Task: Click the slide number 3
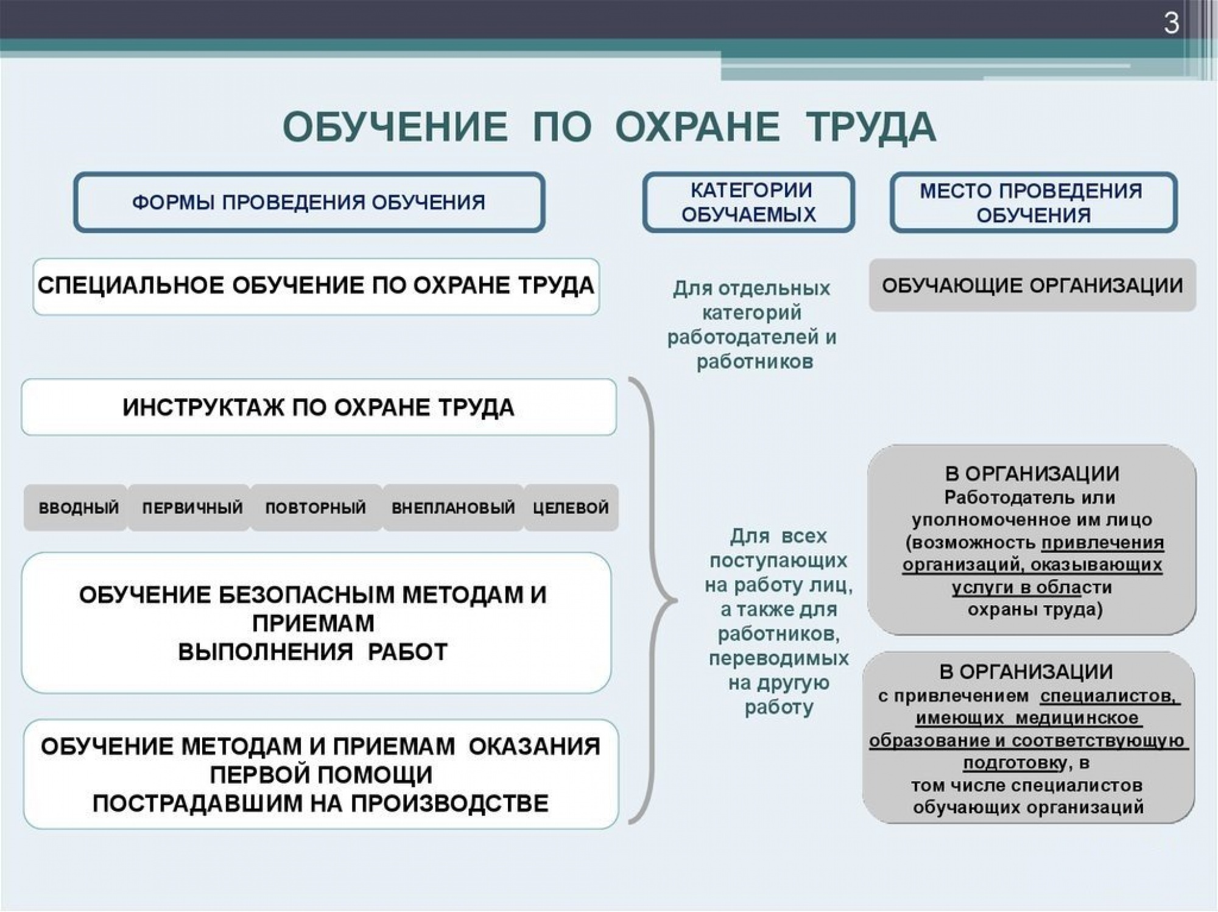click(x=1171, y=23)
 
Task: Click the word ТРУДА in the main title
click(x=871, y=127)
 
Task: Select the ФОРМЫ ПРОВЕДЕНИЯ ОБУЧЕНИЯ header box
click(x=309, y=202)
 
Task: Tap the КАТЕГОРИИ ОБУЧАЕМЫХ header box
click(x=748, y=202)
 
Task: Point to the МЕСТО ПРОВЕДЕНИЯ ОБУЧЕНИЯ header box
click(x=1033, y=202)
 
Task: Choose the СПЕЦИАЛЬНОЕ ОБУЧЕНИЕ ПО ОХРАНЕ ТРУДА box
click(x=316, y=286)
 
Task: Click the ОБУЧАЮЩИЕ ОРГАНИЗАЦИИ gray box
click(x=1032, y=285)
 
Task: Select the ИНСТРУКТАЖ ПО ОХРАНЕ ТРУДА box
click(x=319, y=407)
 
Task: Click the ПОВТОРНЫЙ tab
click(x=316, y=508)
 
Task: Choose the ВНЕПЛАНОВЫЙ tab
click(x=453, y=508)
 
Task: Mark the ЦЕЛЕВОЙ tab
click(x=571, y=508)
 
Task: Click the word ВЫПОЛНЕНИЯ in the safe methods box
click(x=266, y=652)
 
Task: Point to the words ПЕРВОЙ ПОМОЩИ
click(x=321, y=774)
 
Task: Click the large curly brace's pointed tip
click(x=676, y=600)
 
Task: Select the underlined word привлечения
click(x=1103, y=542)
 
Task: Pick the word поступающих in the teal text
click(x=778, y=560)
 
